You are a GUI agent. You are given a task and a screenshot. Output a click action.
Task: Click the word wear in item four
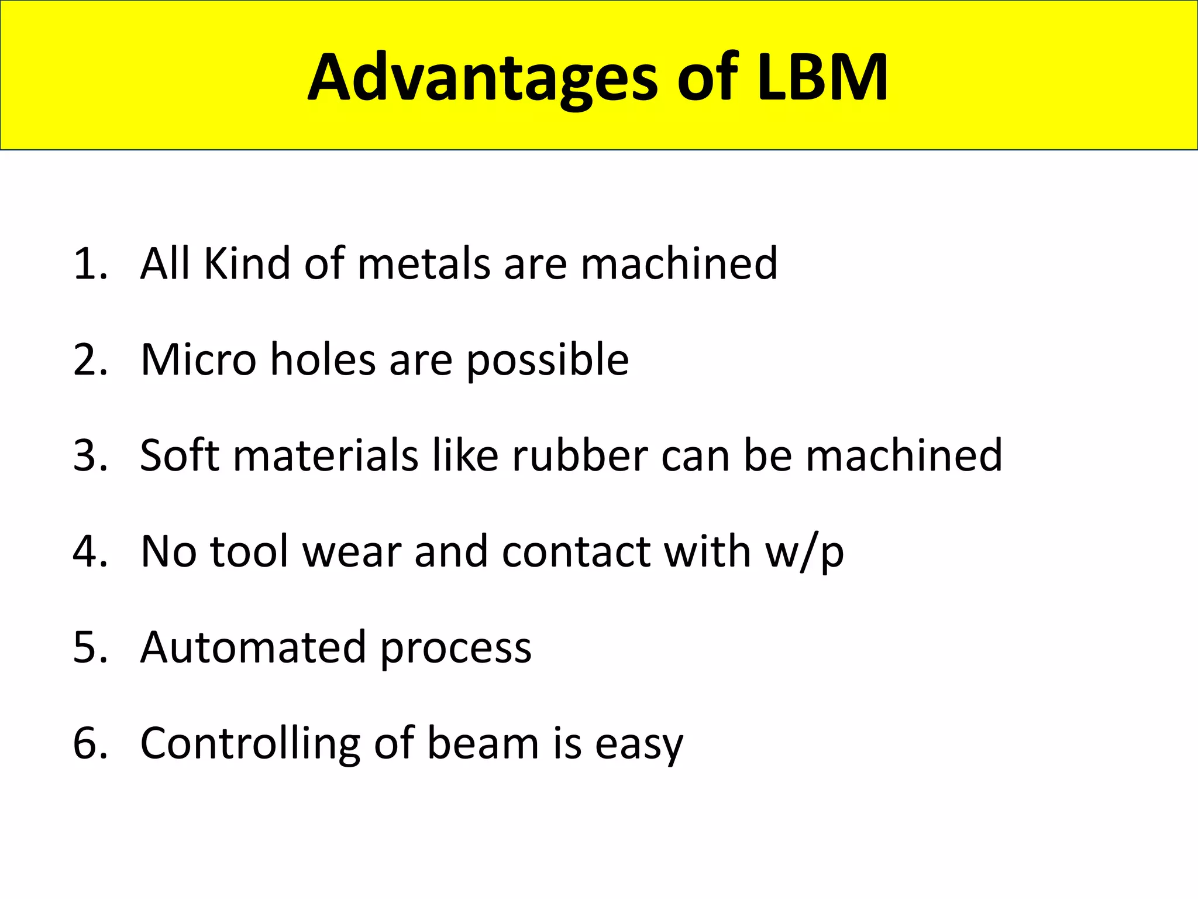[x=352, y=553]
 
